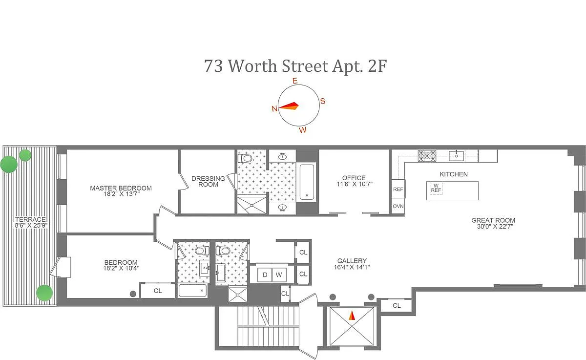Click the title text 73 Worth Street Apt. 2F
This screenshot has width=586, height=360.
(x=295, y=66)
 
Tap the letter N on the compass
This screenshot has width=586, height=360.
(x=274, y=108)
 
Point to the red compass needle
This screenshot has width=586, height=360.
(x=288, y=106)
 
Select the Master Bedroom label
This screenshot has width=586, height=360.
(x=121, y=188)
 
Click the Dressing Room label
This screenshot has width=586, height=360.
(x=208, y=181)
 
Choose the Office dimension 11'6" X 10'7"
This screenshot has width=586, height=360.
(x=354, y=184)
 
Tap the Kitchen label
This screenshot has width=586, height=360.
(x=454, y=174)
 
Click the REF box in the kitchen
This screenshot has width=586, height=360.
(x=398, y=189)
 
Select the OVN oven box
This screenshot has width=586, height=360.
(x=398, y=206)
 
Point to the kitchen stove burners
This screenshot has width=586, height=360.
(x=427, y=156)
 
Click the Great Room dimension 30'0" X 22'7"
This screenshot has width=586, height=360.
(x=495, y=227)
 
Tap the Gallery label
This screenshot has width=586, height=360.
(x=352, y=261)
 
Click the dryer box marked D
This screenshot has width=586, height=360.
(x=265, y=275)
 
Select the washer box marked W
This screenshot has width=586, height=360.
(x=279, y=275)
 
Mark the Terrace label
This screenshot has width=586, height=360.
(x=30, y=219)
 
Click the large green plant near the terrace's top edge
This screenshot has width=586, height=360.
(x=9, y=164)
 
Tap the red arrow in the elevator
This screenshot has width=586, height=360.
(x=352, y=315)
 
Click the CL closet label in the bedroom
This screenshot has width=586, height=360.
(x=158, y=291)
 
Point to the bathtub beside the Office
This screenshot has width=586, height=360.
(x=307, y=182)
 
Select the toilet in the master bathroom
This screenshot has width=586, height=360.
(x=245, y=158)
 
